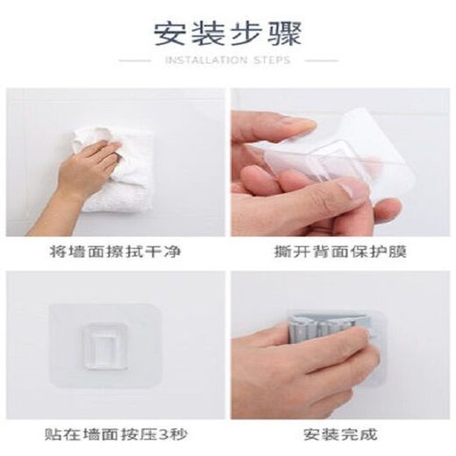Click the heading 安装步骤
click(228, 34)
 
